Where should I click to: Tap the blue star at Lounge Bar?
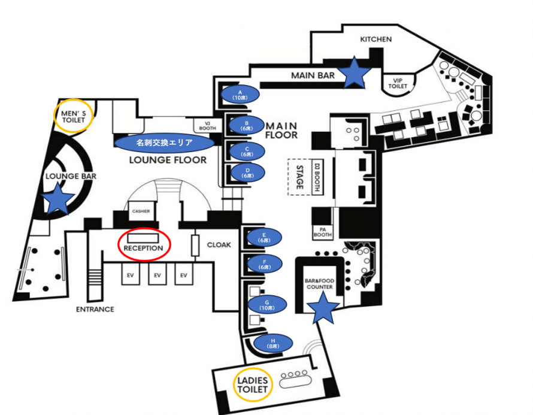(x=57, y=199)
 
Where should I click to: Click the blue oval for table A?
(x=240, y=94)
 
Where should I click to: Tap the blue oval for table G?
(x=265, y=304)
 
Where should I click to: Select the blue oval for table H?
(x=273, y=343)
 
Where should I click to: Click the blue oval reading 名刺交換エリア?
(x=164, y=143)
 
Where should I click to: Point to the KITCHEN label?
(x=375, y=40)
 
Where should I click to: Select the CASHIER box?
(x=142, y=211)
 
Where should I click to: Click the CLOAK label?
(x=219, y=244)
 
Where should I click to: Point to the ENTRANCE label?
(x=95, y=310)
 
